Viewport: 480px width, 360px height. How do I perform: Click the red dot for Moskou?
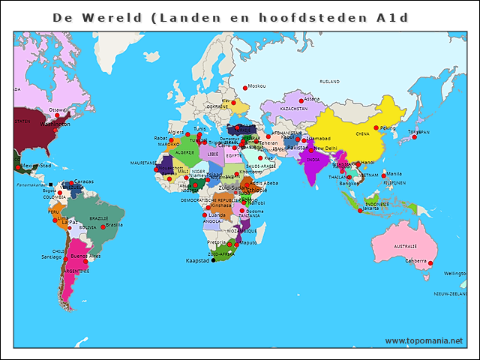point(244,87)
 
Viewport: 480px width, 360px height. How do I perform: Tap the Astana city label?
point(313,99)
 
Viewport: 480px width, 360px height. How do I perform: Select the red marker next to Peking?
point(376,127)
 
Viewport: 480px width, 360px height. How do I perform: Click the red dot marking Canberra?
point(430,262)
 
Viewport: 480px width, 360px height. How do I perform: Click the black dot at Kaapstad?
point(213,261)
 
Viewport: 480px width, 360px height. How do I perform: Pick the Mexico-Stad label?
point(36,166)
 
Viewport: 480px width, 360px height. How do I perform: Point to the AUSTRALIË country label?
point(405,246)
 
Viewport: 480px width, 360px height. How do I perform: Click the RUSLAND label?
point(330,81)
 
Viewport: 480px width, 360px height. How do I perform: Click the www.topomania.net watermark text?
point(424,340)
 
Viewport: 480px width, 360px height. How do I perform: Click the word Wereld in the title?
point(119,17)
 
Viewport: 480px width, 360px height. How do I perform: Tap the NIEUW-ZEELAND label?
point(449,294)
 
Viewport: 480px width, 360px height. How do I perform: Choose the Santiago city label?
point(51,256)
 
